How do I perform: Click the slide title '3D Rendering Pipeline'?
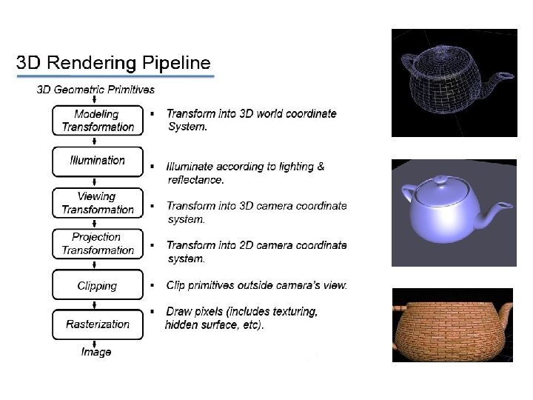coord(113,63)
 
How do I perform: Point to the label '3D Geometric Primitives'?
coord(95,90)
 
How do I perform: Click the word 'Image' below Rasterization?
coord(96,352)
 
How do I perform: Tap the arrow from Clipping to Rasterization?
coord(97,304)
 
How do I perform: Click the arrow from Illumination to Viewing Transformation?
coord(97,182)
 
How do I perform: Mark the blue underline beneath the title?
coord(115,76)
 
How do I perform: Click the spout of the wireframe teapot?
coord(503,75)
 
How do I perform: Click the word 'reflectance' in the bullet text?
coord(194,179)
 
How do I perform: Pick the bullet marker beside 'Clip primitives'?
coord(152,285)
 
